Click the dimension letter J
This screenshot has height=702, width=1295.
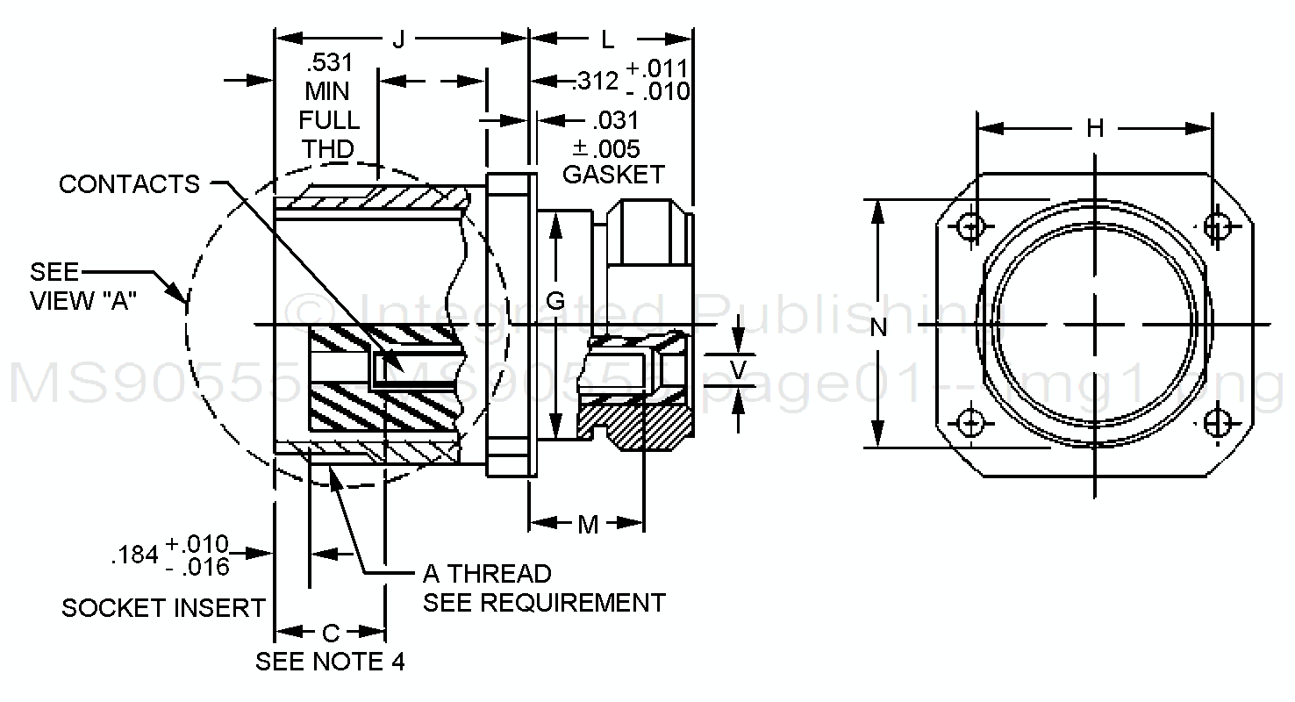point(398,40)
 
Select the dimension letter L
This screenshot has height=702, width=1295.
point(607,40)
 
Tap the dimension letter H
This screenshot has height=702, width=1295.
point(1095,129)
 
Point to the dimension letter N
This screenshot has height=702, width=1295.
point(878,327)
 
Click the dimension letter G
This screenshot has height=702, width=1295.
point(555,301)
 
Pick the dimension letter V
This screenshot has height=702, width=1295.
point(739,370)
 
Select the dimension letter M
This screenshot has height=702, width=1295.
point(587,525)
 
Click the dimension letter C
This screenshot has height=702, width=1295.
point(331,633)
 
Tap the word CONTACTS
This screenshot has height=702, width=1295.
point(130,184)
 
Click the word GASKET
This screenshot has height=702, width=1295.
point(613,174)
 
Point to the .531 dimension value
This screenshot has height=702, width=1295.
point(328,63)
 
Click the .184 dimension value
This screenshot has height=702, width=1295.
point(134,555)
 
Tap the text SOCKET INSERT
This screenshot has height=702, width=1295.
point(163,607)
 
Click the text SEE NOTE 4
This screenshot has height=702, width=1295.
point(330,661)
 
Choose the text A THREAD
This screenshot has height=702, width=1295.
point(487,574)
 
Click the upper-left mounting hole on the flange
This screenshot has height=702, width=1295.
point(969,226)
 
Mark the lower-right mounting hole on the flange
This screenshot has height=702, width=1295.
point(1215,424)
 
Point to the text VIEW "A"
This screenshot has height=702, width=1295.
point(86,301)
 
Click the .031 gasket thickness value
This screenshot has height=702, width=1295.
point(615,119)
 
